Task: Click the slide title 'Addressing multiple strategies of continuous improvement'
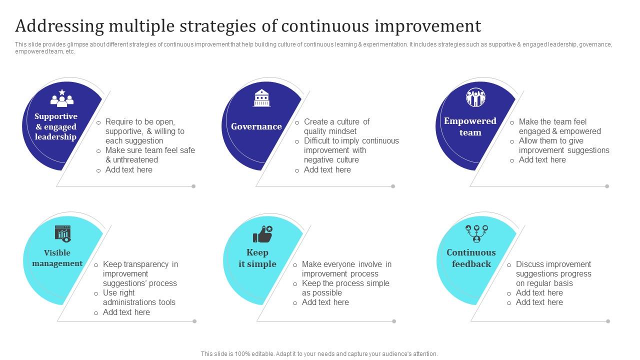pos(248,25)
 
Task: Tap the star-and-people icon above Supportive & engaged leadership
pos(62,98)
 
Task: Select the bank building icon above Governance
pos(262,98)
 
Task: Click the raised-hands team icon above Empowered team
pos(475,97)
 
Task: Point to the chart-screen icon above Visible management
pos(63,233)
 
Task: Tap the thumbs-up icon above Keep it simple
pos(262,234)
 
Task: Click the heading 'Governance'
pos(256,126)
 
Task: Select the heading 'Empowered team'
pos(470,126)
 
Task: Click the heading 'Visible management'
pos(57,258)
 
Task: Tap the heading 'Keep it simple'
pos(257,258)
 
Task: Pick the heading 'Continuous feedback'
pos(471,258)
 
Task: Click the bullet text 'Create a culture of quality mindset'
pos(336,126)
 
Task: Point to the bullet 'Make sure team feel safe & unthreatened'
pos(149,155)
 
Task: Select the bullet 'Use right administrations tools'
pos(138,297)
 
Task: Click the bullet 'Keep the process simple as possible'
pos(345,288)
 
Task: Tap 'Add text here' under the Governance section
pos(327,170)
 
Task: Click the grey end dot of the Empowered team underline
pos(607,186)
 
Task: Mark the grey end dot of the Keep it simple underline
pos(394,321)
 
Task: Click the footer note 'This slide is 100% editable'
pos(319,353)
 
